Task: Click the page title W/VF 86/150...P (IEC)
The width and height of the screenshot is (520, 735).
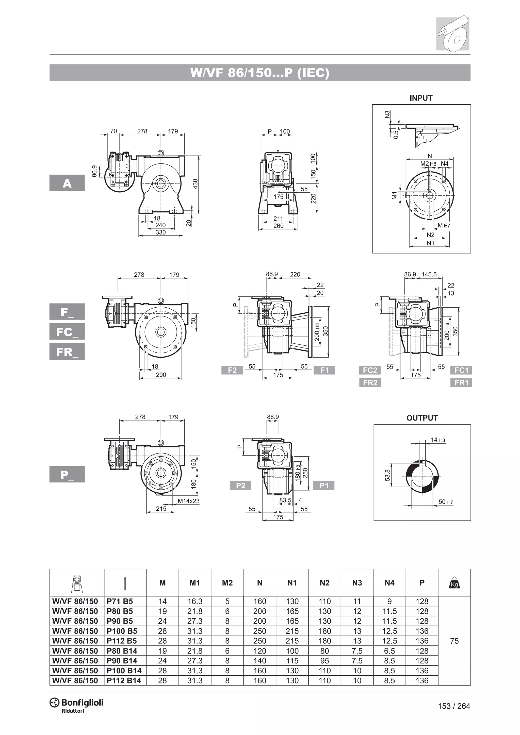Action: [x=260, y=73]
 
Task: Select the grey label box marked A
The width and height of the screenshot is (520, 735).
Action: [x=67, y=183]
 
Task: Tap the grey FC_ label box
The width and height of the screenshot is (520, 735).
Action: [x=67, y=332]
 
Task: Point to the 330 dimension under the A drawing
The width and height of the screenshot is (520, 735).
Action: [x=160, y=232]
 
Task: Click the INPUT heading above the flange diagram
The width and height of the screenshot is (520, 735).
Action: [x=421, y=98]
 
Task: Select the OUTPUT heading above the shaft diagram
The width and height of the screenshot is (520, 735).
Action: [x=422, y=418]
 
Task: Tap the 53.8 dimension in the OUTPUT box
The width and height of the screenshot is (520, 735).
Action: [x=388, y=475]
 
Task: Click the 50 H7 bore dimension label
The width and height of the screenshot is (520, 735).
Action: [x=445, y=502]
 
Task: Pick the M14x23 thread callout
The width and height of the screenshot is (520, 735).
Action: [x=189, y=501]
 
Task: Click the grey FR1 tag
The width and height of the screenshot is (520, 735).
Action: [x=461, y=382]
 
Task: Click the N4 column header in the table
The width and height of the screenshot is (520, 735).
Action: [x=389, y=583]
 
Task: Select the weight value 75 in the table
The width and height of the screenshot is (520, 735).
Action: [x=454, y=641]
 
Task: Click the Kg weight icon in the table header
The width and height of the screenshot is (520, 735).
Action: [x=454, y=583]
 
